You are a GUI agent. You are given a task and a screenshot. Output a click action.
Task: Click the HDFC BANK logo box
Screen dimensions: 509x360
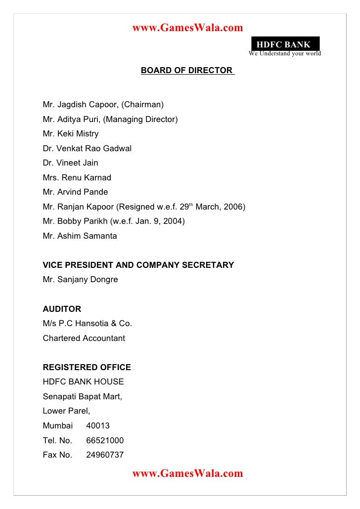click(x=285, y=44)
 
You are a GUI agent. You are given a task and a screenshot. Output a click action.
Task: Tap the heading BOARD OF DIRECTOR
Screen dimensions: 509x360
click(x=187, y=70)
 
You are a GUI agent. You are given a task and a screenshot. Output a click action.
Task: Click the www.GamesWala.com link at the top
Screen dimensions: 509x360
click(x=187, y=28)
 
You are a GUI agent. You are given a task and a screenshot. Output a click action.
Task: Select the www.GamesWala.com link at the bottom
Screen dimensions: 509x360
click(x=187, y=473)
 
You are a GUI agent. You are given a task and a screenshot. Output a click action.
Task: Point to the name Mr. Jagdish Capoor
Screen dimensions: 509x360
click(x=81, y=105)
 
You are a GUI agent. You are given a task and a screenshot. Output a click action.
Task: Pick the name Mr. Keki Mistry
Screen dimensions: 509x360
click(x=71, y=134)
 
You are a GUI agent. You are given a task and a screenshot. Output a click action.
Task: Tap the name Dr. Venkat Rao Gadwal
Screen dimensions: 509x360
click(x=87, y=148)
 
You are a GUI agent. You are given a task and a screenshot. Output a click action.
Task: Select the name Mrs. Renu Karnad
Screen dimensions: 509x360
click(x=77, y=177)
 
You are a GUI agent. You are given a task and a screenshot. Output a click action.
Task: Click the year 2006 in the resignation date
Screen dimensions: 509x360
click(x=233, y=207)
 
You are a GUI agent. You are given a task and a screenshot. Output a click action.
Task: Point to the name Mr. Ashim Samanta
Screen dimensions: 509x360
click(x=80, y=236)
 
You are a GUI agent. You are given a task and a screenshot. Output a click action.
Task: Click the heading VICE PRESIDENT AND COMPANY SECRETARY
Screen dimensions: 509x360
click(x=138, y=265)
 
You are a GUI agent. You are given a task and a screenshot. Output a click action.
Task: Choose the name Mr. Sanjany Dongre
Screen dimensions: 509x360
click(x=81, y=280)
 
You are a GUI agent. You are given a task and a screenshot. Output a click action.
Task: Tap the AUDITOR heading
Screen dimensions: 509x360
click(x=62, y=309)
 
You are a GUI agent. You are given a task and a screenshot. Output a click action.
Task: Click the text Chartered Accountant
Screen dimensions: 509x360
click(x=84, y=339)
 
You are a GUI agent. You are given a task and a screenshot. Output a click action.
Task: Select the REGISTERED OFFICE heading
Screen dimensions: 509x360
click(x=87, y=368)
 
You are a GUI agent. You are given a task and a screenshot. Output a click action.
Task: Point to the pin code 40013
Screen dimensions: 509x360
click(x=98, y=426)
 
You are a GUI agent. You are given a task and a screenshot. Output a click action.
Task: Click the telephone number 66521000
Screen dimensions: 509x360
click(x=105, y=440)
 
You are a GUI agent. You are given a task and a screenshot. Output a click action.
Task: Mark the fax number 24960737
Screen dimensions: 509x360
click(x=105, y=455)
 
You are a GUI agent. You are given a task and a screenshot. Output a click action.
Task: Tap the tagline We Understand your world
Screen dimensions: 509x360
click(x=285, y=53)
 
